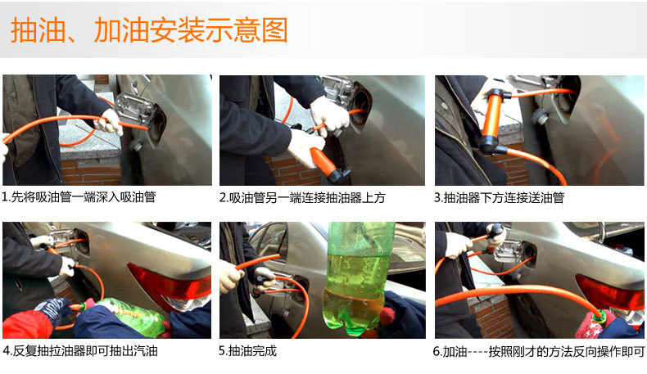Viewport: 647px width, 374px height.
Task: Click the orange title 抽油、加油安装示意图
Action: tap(149, 30)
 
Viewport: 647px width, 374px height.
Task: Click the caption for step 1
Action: tap(79, 197)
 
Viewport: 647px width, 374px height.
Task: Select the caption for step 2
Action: tap(302, 198)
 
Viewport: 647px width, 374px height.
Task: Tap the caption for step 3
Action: tap(500, 198)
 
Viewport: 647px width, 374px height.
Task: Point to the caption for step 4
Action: tap(80, 351)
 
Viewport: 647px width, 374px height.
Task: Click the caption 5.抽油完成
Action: tap(247, 351)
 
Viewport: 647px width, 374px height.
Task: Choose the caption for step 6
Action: tap(539, 352)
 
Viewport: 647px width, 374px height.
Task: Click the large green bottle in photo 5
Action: tap(358, 278)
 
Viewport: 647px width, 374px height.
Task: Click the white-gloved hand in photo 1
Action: tap(110, 122)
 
